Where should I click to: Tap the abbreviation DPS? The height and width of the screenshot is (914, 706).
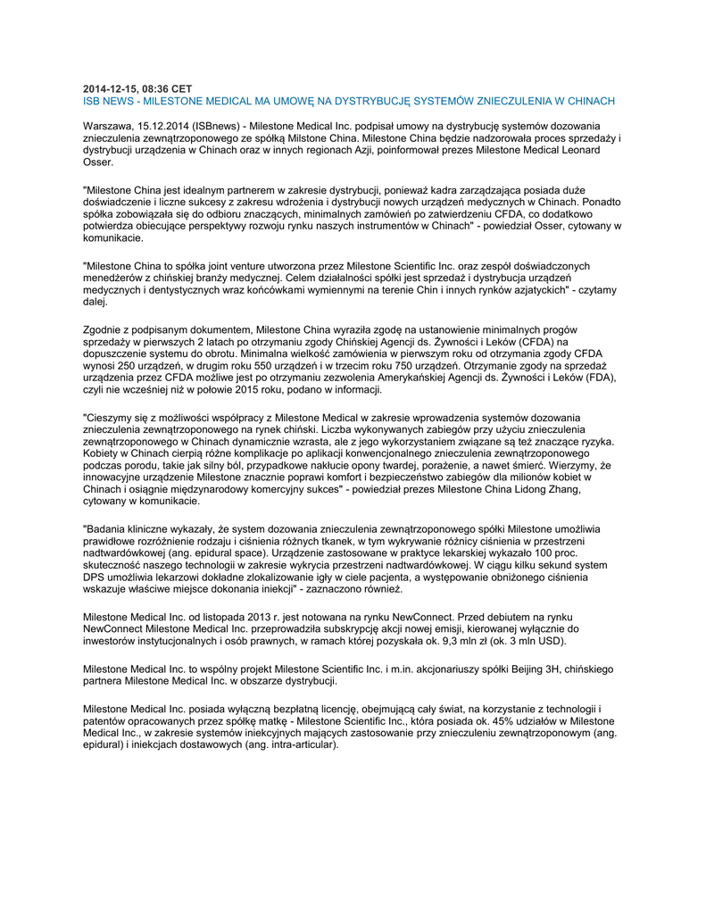(x=94, y=577)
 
